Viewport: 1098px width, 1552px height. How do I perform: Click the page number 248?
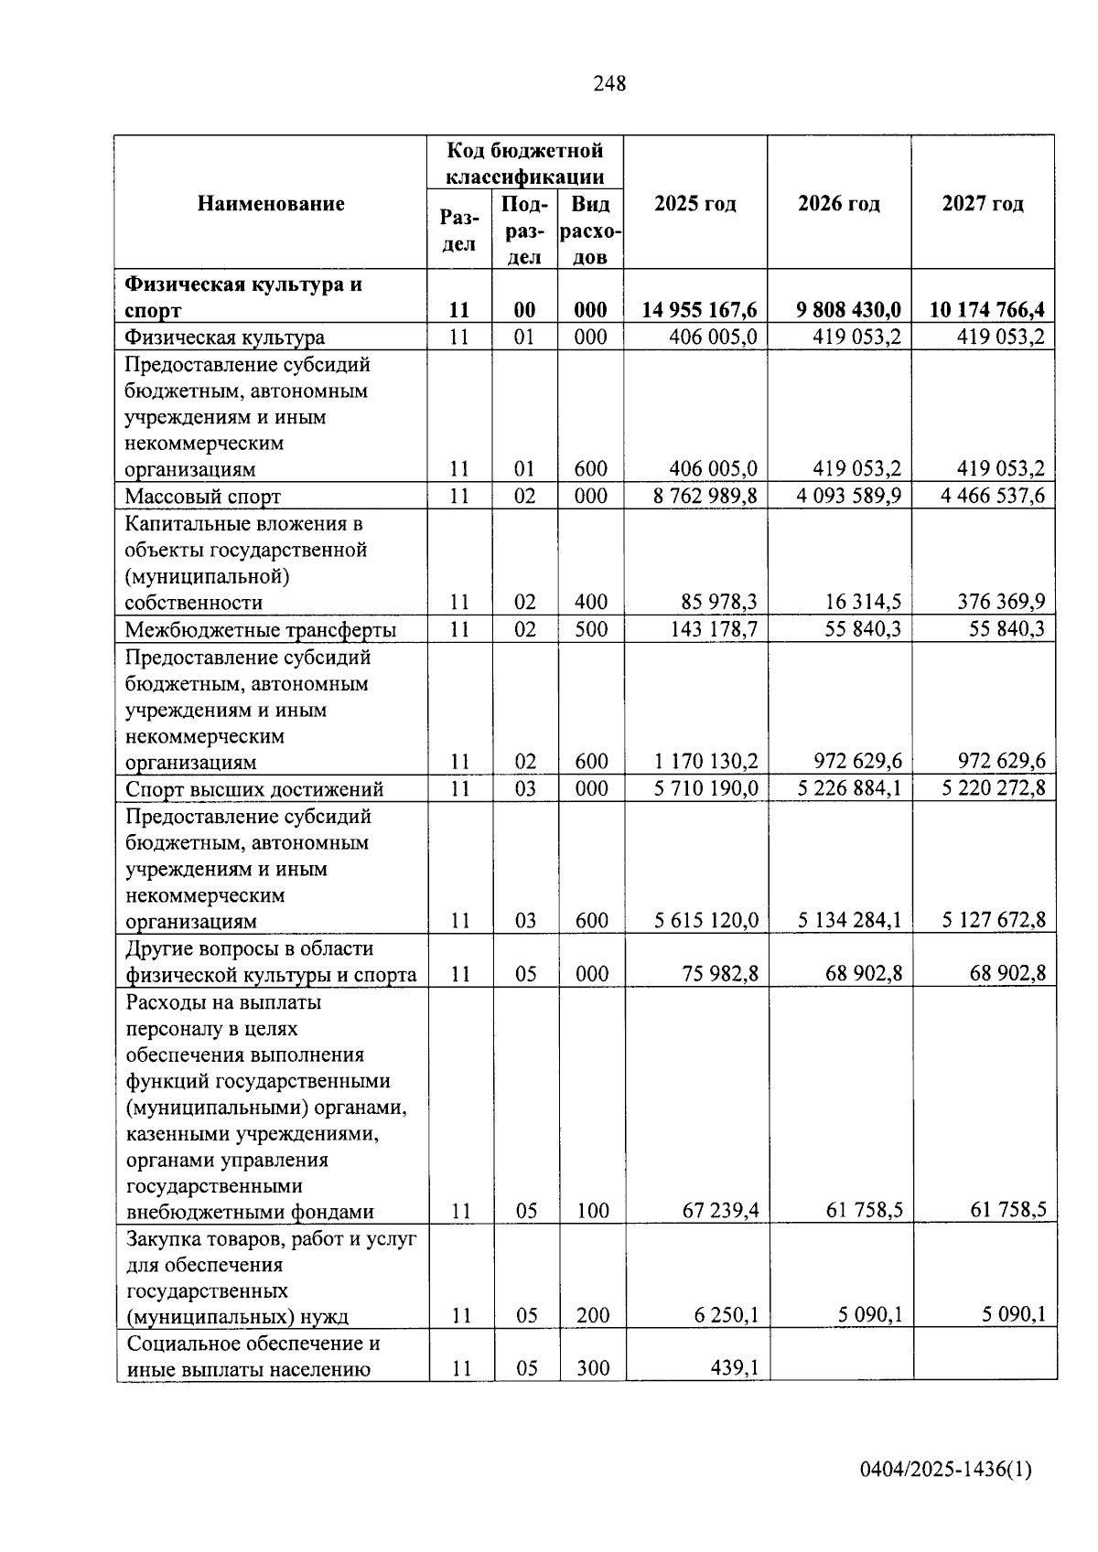609,84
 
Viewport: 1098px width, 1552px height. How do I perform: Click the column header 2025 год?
695,203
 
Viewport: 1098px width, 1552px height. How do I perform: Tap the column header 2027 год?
983,203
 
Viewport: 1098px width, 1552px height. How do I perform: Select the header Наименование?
271,203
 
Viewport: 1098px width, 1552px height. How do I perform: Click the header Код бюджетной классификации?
524,163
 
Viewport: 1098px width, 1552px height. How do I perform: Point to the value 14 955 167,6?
700,310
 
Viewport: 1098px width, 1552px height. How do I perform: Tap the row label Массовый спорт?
203,497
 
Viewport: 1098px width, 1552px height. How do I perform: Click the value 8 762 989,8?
705,496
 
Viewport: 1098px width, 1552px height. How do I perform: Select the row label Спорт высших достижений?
254,789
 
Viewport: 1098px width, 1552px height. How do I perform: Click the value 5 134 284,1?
849,920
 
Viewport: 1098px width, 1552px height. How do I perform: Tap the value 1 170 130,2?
705,761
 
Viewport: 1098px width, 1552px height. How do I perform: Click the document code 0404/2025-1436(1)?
946,1470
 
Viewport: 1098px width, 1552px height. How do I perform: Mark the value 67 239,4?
721,1211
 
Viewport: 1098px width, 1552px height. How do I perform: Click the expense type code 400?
591,602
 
